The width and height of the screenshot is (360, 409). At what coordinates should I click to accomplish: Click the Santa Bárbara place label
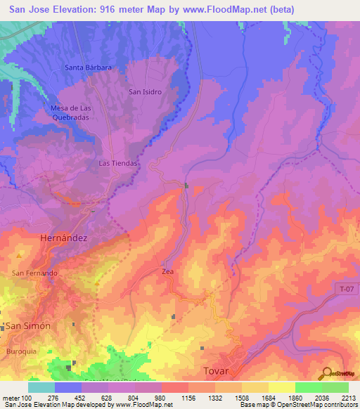(x=88, y=67)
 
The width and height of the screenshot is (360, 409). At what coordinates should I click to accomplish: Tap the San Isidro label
(x=146, y=92)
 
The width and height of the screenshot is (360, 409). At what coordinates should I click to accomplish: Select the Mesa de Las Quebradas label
(x=72, y=112)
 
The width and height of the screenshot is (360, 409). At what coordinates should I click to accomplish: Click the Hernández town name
(x=63, y=238)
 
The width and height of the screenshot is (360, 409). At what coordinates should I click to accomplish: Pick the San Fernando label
(x=34, y=273)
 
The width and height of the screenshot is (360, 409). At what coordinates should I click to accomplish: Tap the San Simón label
(x=28, y=326)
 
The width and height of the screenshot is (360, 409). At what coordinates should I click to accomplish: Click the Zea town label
(x=167, y=271)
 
